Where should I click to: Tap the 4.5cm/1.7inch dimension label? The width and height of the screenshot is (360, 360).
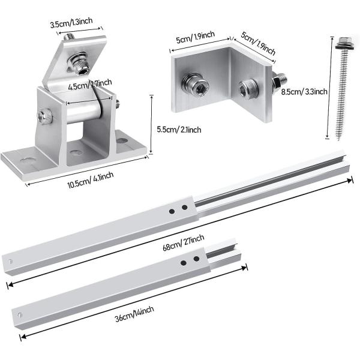[x=90, y=84]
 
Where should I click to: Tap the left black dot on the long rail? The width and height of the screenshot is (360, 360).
[x=171, y=211]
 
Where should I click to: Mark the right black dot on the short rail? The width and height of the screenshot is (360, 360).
[x=196, y=260]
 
